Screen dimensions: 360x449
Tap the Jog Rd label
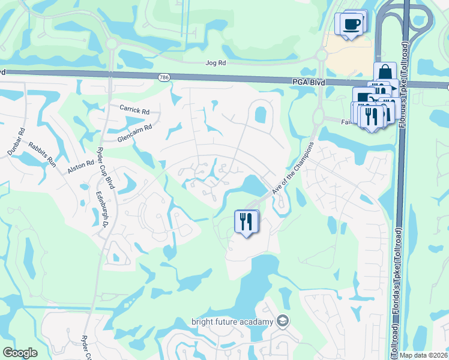[x=214, y=62]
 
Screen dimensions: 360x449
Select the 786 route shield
[x=164, y=78]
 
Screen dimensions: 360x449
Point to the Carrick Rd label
[x=134, y=110]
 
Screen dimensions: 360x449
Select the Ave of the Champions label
[x=293, y=168]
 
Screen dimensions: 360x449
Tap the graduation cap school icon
[x=283, y=322]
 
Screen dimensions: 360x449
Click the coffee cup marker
[x=351, y=25]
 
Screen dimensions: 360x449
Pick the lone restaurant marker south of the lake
[x=246, y=221]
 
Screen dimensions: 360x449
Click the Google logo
[x=20, y=353]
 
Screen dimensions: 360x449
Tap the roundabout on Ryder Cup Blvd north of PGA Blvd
[x=111, y=44]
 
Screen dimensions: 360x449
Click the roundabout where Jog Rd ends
[x=321, y=55]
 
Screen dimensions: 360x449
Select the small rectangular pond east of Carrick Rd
[x=261, y=113]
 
